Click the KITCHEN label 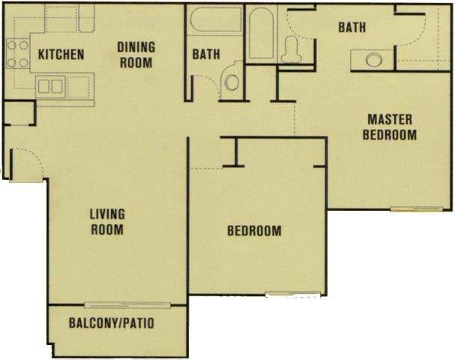[x=61, y=55]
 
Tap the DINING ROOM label [x=136, y=55]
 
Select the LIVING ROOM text [x=107, y=222]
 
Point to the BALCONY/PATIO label [x=112, y=323]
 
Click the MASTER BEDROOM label [x=390, y=127]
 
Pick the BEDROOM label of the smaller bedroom [x=254, y=231]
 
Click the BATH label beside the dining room [x=206, y=54]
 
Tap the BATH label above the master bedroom [x=352, y=27]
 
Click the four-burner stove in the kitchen [x=18, y=54]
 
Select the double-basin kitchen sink [x=50, y=86]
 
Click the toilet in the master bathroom [x=292, y=49]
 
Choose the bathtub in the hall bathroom [x=216, y=19]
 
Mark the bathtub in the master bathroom [x=261, y=33]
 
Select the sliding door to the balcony [x=127, y=304]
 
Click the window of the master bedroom [x=417, y=208]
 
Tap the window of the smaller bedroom [x=293, y=294]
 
